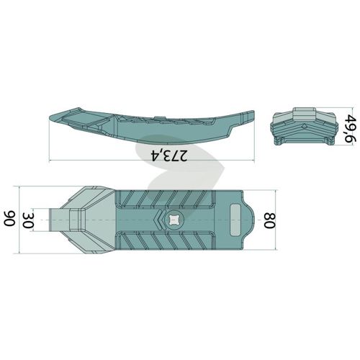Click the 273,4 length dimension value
168,156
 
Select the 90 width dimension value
9,219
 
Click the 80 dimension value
270,220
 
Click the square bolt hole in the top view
174,220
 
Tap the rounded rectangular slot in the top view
235,220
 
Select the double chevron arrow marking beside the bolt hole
159,220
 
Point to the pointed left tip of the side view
50,117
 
